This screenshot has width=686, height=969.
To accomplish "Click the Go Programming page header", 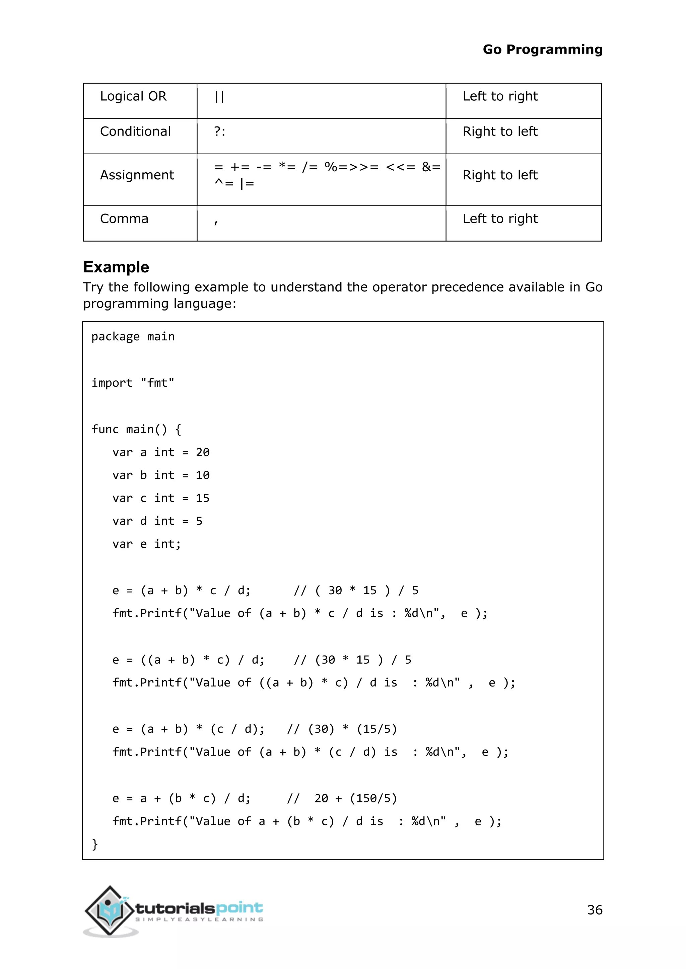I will tap(542, 50).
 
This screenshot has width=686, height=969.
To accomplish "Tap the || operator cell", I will tap(219, 97).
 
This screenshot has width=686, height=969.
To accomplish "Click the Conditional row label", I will tap(135, 132).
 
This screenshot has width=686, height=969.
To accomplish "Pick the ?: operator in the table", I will tap(219, 132).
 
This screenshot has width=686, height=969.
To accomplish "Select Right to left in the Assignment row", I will tap(500, 175).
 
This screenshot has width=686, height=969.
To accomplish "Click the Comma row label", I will tap(124, 218).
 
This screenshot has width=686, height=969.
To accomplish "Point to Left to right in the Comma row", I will tap(500, 218).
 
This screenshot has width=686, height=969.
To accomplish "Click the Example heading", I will tap(116, 267).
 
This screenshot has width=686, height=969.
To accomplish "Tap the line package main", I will tap(133, 337).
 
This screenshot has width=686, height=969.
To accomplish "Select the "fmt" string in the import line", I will tap(157, 383).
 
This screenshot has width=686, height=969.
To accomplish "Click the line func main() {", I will tap(136, 430).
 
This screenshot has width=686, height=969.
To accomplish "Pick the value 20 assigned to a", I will tap(202, 452).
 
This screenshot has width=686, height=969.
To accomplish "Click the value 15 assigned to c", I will tap(202, 499).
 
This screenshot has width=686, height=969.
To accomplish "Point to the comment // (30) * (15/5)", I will tap(342, 729).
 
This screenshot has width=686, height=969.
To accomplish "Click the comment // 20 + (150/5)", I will tap(342, 798).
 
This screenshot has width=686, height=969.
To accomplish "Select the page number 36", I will tap(594, 910).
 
